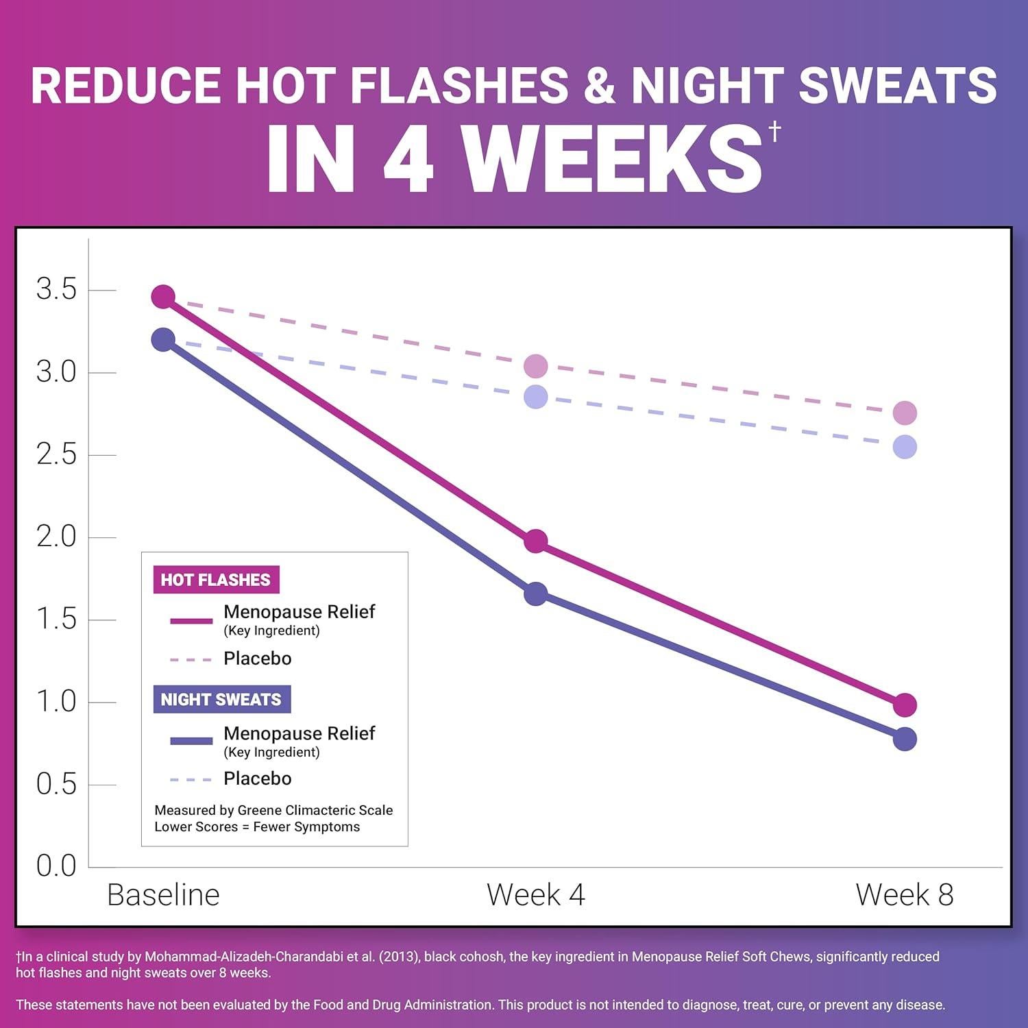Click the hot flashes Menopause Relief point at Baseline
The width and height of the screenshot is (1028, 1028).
click(x=163, y=297)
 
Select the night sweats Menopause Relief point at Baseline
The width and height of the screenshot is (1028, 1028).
click(x=163, y=339)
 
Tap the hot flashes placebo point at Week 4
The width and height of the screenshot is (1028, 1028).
click(x=536, y=367)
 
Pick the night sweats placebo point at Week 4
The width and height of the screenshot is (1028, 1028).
click(x=536, y=397)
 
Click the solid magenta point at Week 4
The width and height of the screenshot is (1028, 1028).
click(x=536, y=541)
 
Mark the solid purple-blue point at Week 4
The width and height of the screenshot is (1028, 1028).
click(x=536, y=593)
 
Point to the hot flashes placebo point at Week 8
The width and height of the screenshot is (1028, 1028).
click(x=905, y=413)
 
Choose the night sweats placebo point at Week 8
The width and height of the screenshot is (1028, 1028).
click(x=905, y=448)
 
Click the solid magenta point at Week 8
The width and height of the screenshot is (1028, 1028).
click(x=905, y=705)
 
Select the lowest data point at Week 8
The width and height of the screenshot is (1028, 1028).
click(x=905, y=739)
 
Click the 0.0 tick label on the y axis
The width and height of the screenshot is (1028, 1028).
click(x=56, y=866)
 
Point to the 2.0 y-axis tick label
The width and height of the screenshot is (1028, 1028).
click(x=56, y=537)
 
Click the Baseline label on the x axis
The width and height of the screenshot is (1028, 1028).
click(x=163, y=895)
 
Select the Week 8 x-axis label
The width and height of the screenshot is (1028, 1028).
click(x=905, y=895)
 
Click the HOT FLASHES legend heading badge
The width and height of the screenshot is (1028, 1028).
click(x=216, y=580)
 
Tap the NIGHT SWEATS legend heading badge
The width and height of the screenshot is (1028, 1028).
click(x=221, y=700)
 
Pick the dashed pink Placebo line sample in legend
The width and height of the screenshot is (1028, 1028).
click(x=191, y=659)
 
